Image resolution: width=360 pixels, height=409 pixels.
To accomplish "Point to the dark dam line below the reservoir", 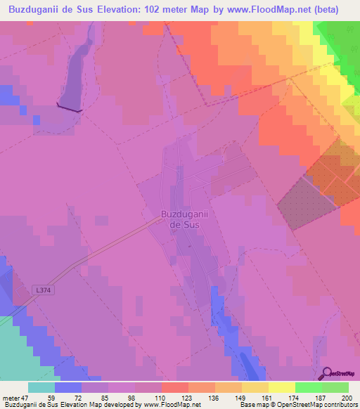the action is tap(69, 108).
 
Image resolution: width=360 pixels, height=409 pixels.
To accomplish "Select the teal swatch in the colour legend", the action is tap(41, 387).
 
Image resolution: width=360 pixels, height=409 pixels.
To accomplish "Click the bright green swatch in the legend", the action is tap(308, 387).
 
